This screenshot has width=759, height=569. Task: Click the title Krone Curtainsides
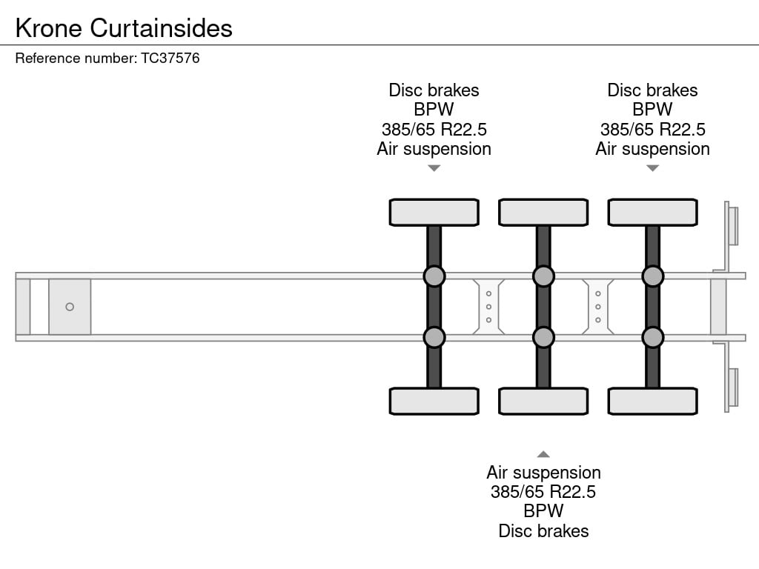pos(124,28)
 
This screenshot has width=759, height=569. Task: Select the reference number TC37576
pos(170,58)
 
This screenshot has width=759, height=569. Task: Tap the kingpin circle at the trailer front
pos(70,307)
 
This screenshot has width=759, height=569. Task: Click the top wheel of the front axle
pos(434,213)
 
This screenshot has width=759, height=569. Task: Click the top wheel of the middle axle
pos(543,213)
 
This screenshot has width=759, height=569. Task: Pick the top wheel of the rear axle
pos(652,213)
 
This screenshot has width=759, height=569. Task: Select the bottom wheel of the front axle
pos(434,401)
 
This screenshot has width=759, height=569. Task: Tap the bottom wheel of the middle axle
pos(543,401)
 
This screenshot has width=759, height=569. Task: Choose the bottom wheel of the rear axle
pos(652,401)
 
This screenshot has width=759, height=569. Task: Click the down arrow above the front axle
pos(434,168)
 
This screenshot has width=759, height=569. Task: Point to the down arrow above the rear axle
pos(652,168)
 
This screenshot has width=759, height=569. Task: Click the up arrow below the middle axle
pos(543,454)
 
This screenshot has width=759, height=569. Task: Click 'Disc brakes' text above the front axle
pos(434,90)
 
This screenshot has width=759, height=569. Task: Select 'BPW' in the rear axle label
pos(652,110)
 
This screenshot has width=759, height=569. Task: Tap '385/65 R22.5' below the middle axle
pos(543,492)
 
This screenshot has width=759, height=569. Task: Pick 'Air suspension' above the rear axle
pos(652,149)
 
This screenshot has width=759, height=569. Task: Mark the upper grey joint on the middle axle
pos(543,276)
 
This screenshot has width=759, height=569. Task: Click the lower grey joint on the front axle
pos(434,337)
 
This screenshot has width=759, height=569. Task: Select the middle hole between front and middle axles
pos(489,307)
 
